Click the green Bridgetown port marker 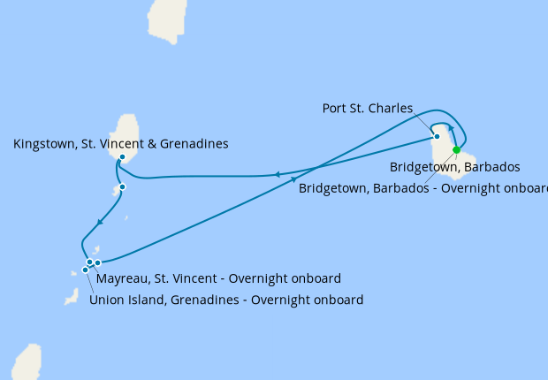click(456, 150)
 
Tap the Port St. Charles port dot click(437, 136)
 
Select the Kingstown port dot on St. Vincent click(122, 157)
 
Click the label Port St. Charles click(367, 109)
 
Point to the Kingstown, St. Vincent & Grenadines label click(121, 143)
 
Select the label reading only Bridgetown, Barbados click(453, 166)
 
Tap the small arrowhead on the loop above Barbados click(451, 129)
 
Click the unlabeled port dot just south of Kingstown click(122, 186)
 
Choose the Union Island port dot click(85, 270)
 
